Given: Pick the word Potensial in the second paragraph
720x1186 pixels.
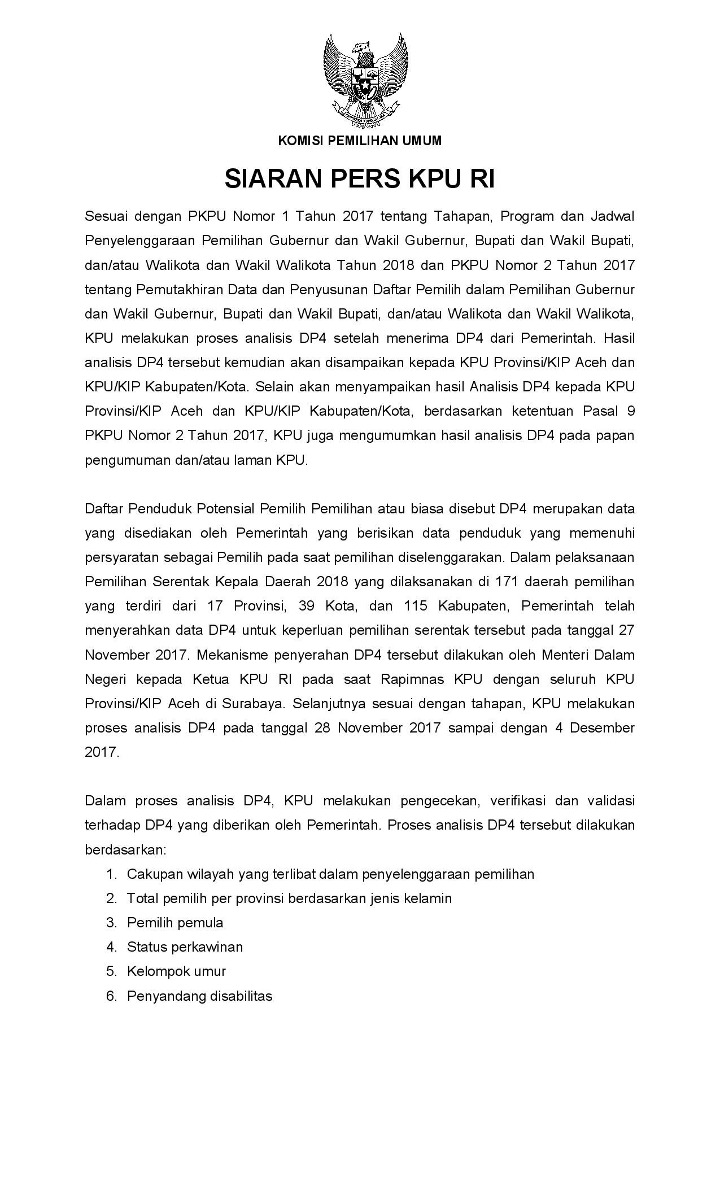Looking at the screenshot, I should pos(226,509).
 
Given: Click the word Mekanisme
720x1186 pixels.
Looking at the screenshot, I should pos(233,655).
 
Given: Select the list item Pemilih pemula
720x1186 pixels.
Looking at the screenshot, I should pos(175,923).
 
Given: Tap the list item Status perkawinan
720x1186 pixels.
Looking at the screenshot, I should pos(185,947).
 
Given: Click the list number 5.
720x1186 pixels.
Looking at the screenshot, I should pos(111,971).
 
